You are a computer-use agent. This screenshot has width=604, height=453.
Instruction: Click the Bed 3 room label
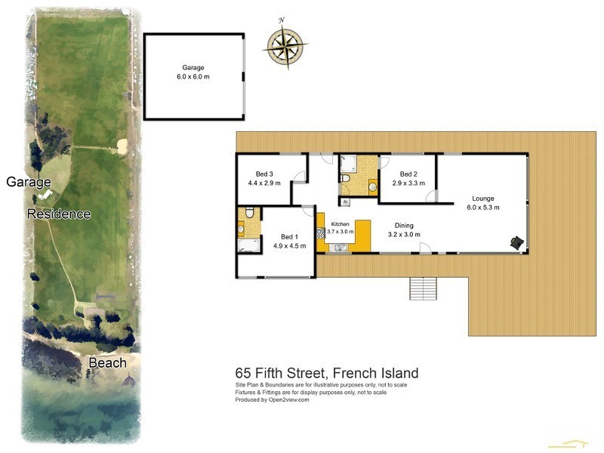tap(264, 178)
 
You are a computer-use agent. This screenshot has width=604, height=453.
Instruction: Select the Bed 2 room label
tap(408, 178)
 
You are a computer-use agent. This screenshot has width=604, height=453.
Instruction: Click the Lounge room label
tap(483, 203)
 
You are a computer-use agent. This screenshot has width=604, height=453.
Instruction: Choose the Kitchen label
tap(341, 229)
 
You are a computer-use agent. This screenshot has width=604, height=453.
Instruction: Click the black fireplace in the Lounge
tap(517, 242)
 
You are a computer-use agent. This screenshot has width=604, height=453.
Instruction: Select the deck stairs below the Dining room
tap(423, 287)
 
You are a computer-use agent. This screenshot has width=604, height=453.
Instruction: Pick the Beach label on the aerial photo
tap(107, 362)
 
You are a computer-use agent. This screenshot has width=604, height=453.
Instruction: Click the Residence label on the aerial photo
tap(59, 214)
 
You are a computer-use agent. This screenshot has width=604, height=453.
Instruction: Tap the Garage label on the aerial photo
tap(28, 182)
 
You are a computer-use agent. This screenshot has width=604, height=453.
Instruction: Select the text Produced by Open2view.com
tap(273, 400)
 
